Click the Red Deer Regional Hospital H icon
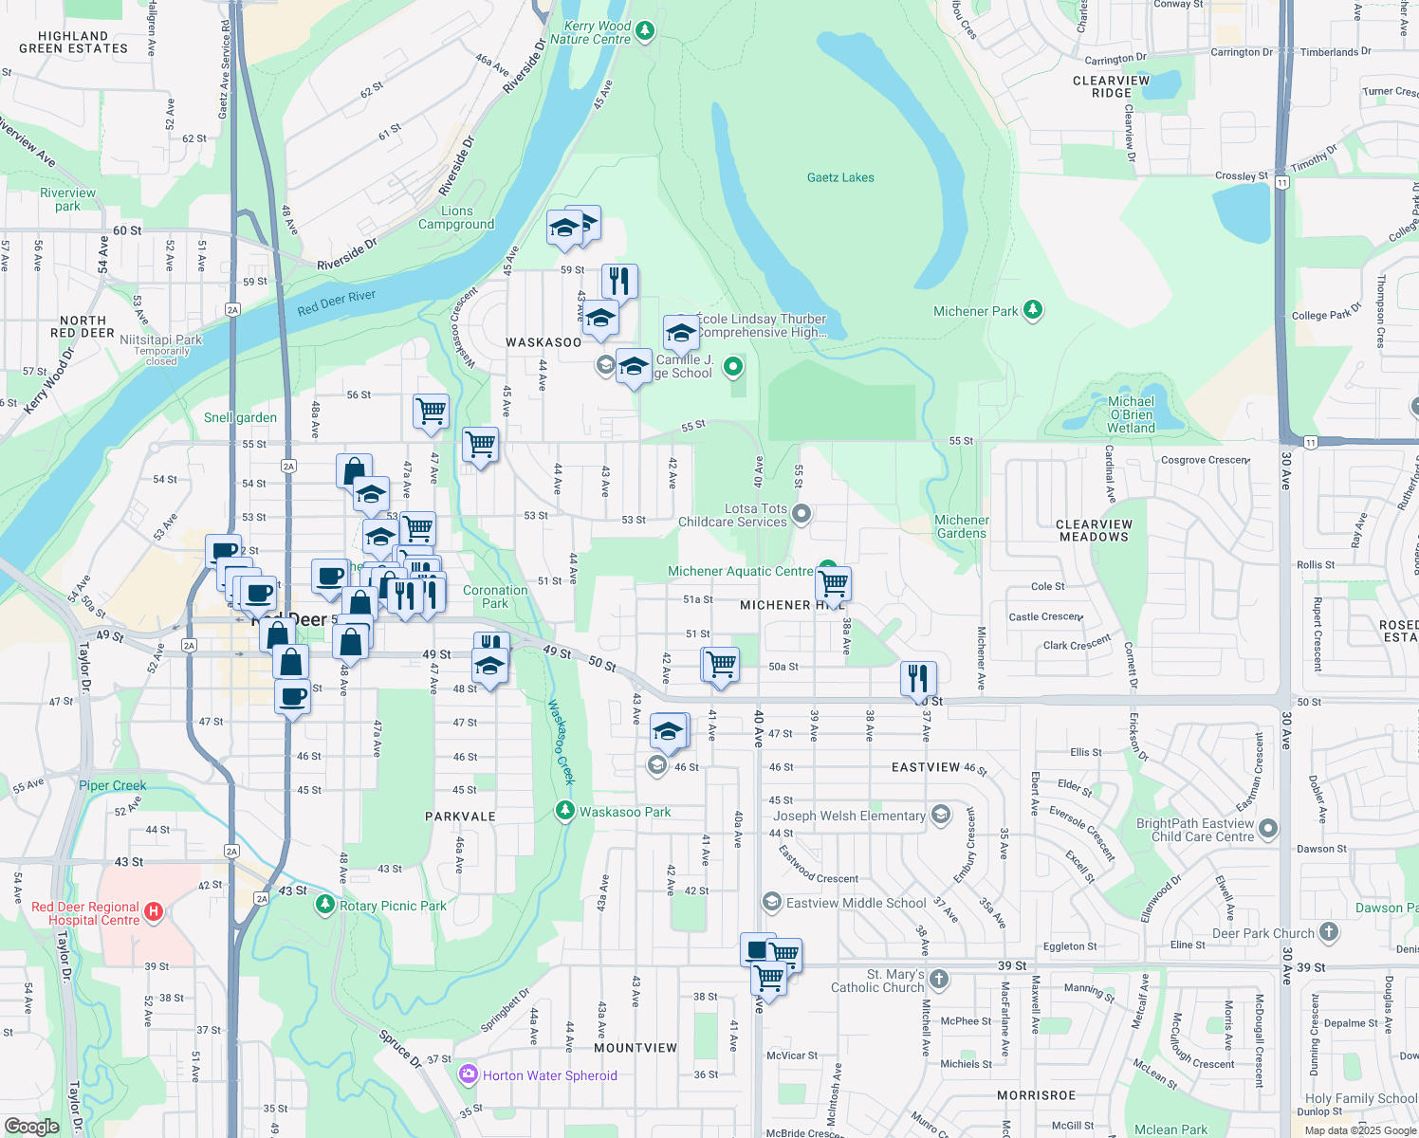coord(154,912)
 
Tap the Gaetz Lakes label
coord(840,177)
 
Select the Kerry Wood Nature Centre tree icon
coord(645,31)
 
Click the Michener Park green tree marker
coord(1033,310)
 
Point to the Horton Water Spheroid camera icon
coord(468,1074)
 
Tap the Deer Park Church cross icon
coord(1329,932)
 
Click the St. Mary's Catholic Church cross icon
coord(939,979)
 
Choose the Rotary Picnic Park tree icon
coord(325,905)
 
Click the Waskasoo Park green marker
coord(565,811)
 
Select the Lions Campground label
coord(456,217)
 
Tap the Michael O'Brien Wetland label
coord(1131,414)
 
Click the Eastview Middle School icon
coord(772,902)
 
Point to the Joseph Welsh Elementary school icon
coord(940,815)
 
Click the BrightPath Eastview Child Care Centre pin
coord(1268,829)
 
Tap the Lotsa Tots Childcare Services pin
coord(802,514)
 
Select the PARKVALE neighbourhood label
coord(460,817)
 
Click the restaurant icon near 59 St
coord(619,282)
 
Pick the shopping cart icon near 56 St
coord(431,412)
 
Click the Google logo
coord(31,1126)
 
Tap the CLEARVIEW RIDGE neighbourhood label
coord(1111,86)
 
